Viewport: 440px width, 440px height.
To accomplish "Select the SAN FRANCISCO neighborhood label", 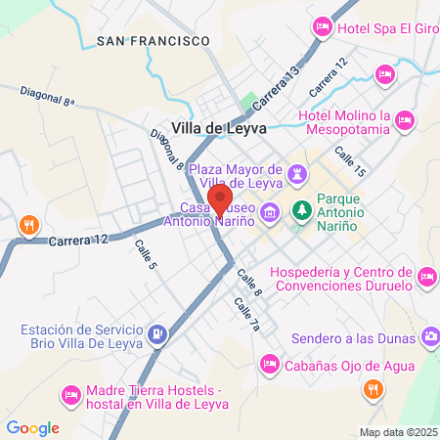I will pyautogui.click(x=154, y=40).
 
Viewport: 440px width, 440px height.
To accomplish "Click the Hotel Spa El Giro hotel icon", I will pyautogui.click(x=321, y=29).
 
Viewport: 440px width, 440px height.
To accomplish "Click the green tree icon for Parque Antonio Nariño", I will pyautogui.click(x=303, y=210).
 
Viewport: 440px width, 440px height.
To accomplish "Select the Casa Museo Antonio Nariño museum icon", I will pyautogui.click(x=273, y=211).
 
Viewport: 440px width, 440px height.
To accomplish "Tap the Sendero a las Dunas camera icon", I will pyautogui.click(x=429, y=337).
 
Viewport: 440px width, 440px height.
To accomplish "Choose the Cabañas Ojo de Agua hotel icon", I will pyautogui.click(x=269, y=365).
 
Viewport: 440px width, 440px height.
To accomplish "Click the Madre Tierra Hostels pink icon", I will pyautogui.click(x=70, y=395).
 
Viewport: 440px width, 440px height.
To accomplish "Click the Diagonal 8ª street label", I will pyautogui.click(x=47, y=95).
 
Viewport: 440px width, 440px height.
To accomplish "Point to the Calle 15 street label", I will pyautogui.click(x=349, y=162).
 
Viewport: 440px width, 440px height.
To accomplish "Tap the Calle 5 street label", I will pyautogui.click(x=146, y=257).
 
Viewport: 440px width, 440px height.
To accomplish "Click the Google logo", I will pyautogui.click(x=32, y=427).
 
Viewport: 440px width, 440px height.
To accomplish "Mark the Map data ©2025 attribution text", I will pyautogui.click(x=398, y=432).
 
